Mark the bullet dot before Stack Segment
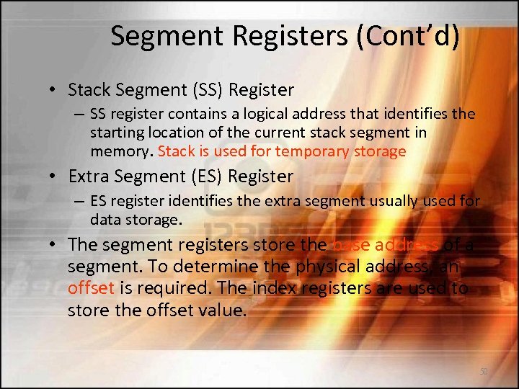coord(54,91)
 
